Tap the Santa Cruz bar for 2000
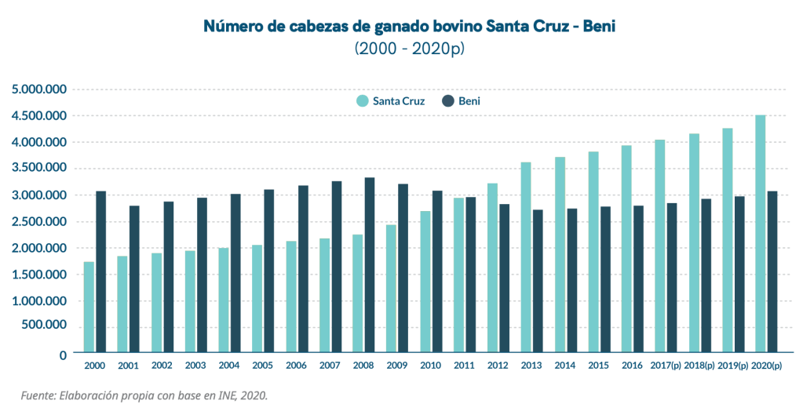click(89, 307)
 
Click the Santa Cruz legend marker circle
click(362, 101)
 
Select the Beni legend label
click(469, 101)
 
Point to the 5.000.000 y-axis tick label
click(39, 89)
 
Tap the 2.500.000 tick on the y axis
click(39, 222)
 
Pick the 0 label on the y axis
click(63, 355)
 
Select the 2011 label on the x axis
click(464, 366)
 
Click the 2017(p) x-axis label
click(666, 366)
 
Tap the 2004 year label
click(229, 366)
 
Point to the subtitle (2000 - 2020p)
click(409, 49)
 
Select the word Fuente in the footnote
click(38, 395)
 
